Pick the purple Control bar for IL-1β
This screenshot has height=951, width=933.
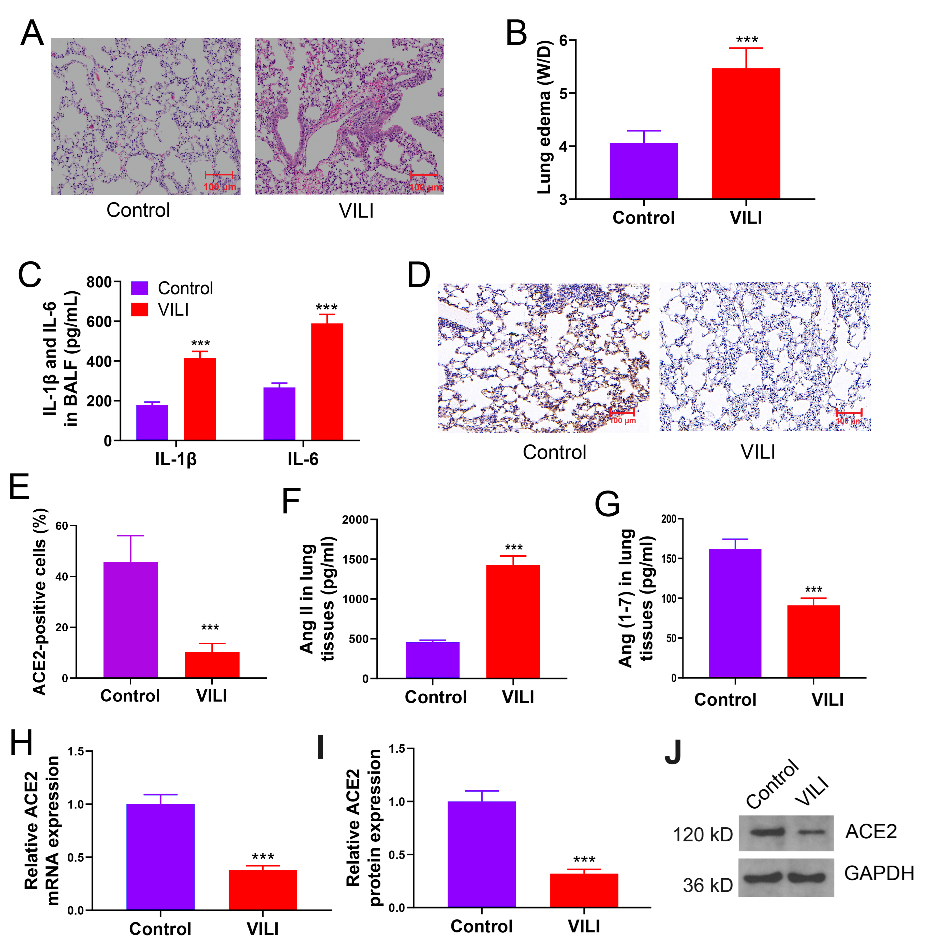[x=152, y=422]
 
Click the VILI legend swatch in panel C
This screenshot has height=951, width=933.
[x=140, y=309]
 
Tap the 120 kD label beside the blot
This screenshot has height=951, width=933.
[x=702, y=834]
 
